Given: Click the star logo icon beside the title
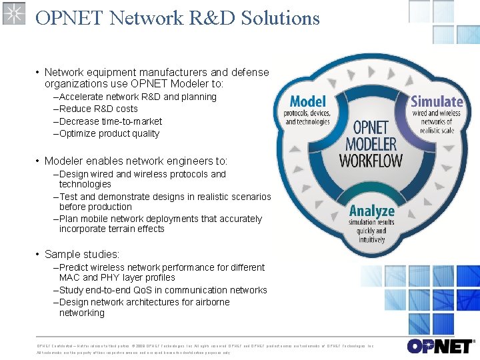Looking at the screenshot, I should [x=13, y=13].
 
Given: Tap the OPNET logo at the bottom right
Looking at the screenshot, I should [x=441, y=346].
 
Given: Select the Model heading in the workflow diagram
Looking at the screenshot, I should [x=307, y=102].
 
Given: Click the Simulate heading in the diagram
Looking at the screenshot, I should [x=437, y=102].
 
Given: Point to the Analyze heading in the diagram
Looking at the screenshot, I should [x=372, y=211].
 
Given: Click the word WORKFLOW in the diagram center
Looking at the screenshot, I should [x=371, y=161].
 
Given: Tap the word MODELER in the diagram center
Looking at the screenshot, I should [x=371, y=143].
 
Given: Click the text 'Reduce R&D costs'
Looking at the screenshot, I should [x=98, y=109].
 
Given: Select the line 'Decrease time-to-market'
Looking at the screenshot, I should [x=110, y=121].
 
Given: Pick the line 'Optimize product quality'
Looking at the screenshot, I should [x=109, y=133].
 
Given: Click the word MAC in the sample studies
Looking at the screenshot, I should [x=69, y=277].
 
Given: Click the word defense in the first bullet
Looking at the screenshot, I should [x=251, y=72].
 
